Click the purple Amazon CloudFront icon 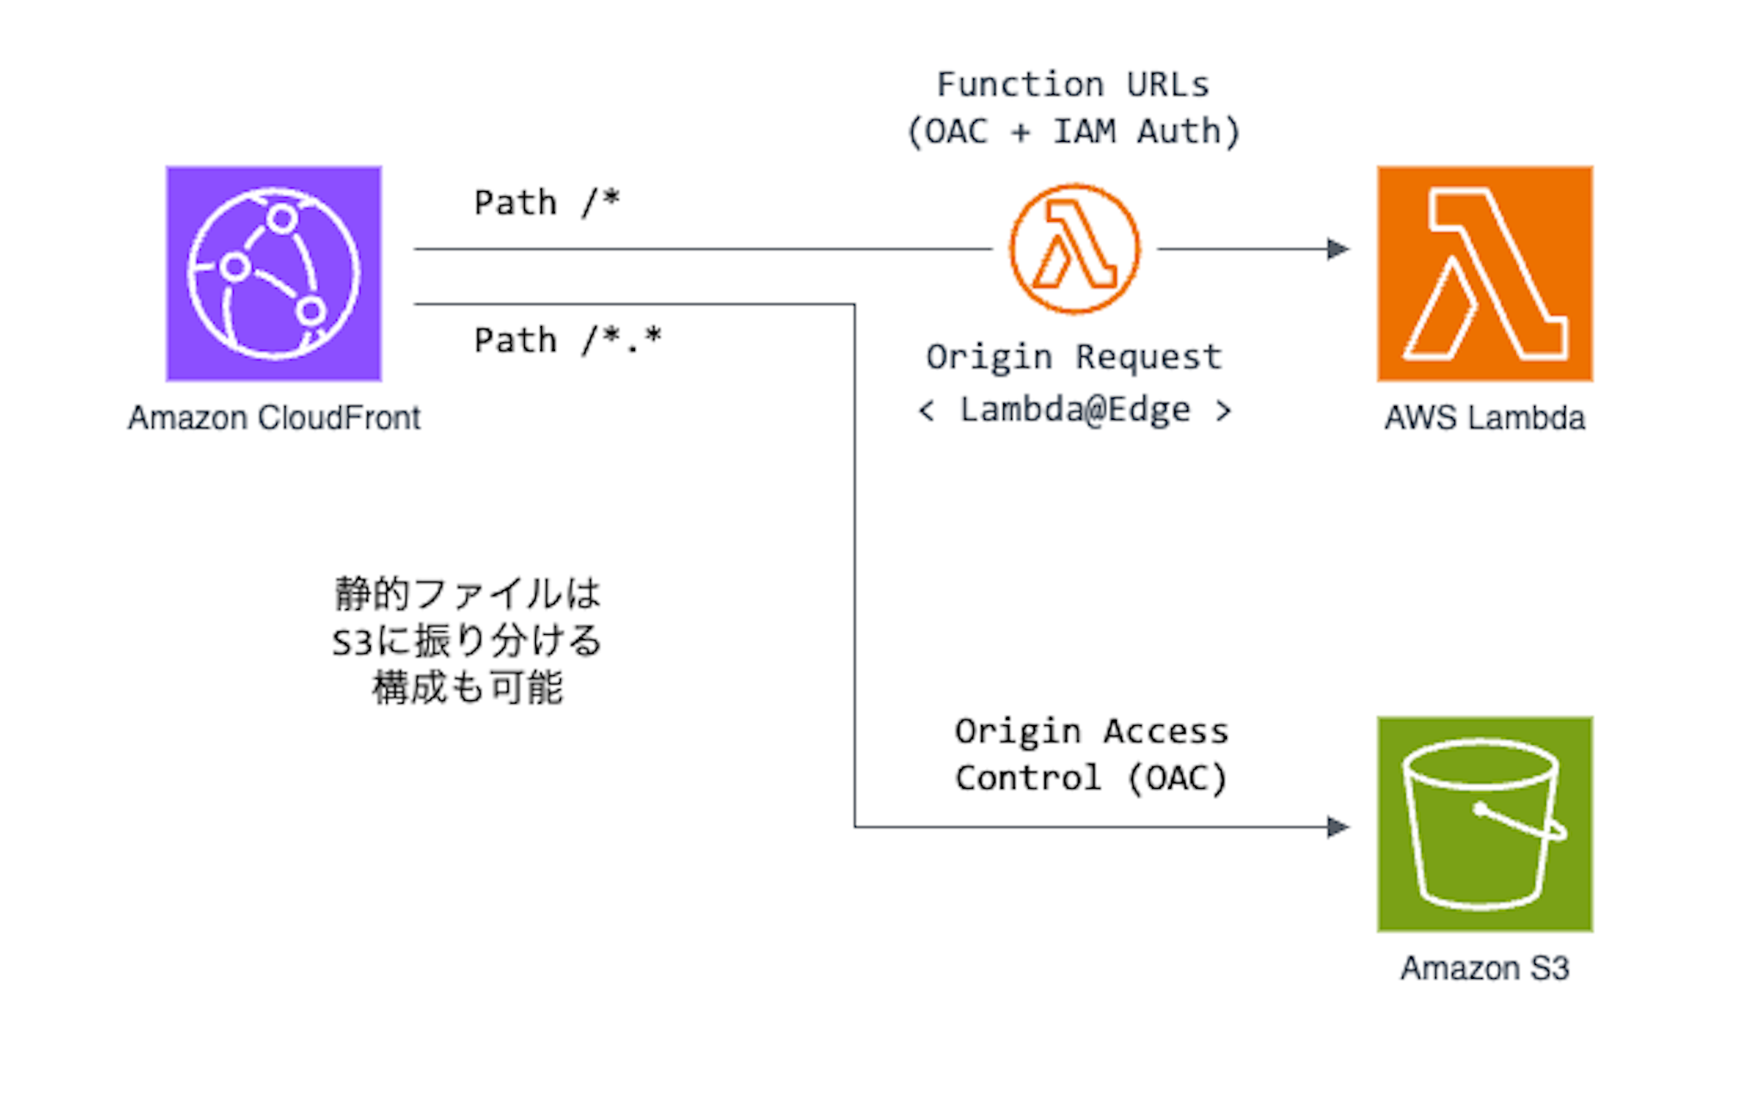point(274,274)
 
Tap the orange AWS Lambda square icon point(1484,274)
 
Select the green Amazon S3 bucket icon point(1484,823)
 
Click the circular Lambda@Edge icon point(1075,249)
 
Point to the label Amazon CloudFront point(274,418)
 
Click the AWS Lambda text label point(1484,418)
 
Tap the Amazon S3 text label point(1484,969)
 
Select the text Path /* point(546,203)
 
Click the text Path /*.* point(567,341)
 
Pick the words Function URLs point(1073,85)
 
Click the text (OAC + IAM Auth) point(1073,132)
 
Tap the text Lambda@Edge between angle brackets point(1075,410)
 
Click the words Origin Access point(1091,732)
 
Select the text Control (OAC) point(1091,778)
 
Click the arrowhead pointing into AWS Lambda point(1338,249)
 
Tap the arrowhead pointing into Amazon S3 point(1338,827)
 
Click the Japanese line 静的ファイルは point(467,594)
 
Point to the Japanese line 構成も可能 point(467,688)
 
